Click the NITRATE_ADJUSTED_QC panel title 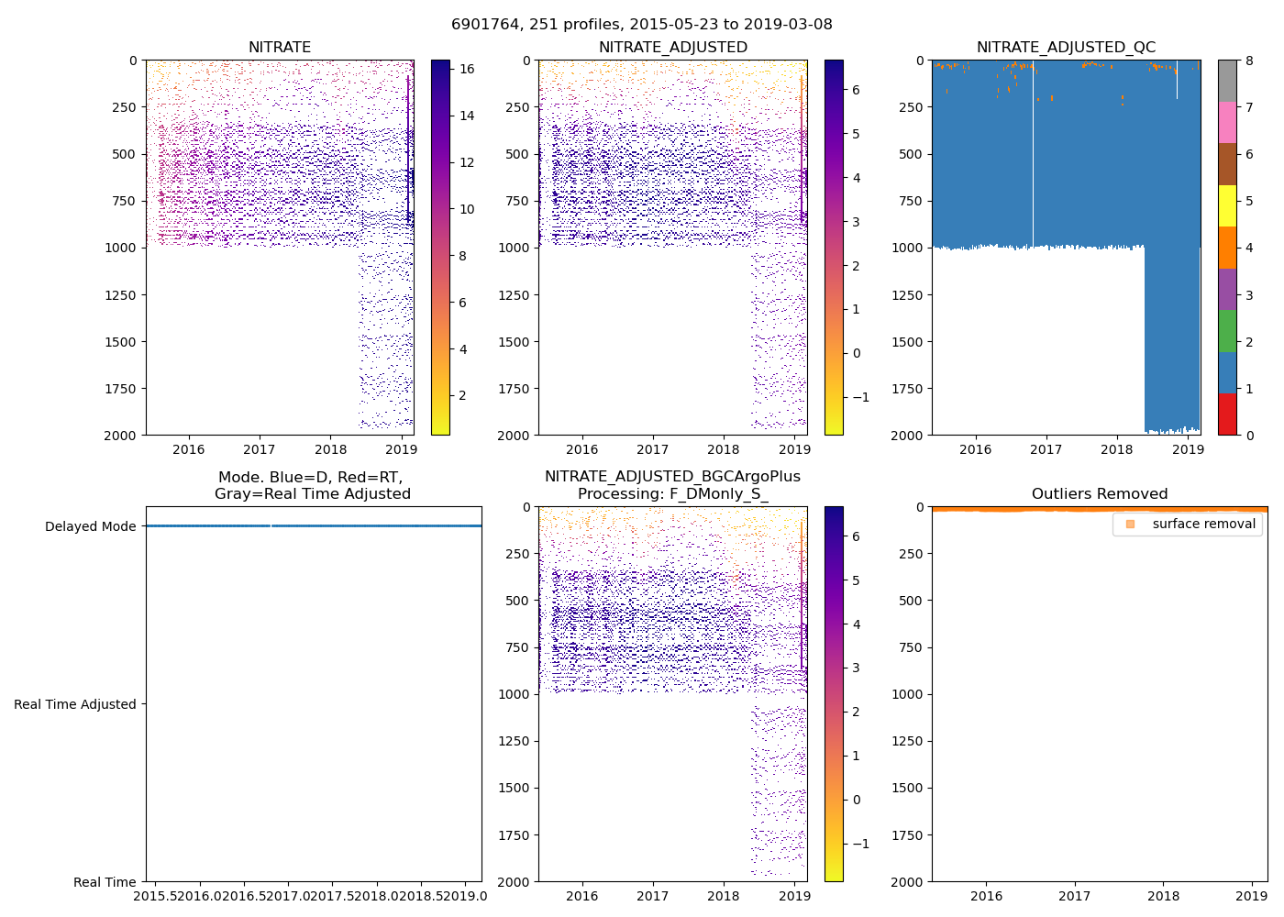tap(1066, 48)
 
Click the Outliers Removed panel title tap(1099, 494)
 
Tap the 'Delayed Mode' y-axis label tap(90, 526)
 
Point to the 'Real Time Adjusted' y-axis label tap(75, 704)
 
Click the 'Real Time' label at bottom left tap(105, 882)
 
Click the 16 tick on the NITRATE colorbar tap(467, 69)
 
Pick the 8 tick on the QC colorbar tap(1249, 61)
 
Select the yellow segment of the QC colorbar tap(1227, 205)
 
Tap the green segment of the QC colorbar tap(1227, 331)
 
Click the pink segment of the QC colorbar tap(1227, 122)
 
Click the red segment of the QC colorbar tap(1227, 414)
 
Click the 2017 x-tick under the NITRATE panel tap(260, 449)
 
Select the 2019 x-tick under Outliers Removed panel tap(1252, 896)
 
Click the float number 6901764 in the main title tap(481, 25)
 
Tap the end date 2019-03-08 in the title tap(790, 25)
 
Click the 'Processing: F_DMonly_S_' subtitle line tap(672, 494)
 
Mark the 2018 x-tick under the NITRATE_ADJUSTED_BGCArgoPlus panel tap(724, 896)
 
